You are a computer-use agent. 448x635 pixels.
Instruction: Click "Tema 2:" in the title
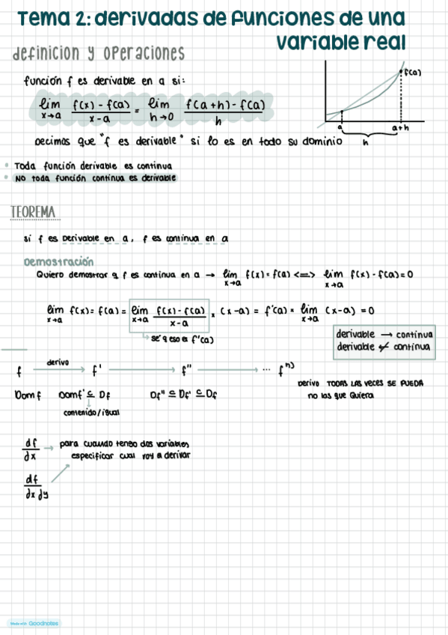(x=49, y=18)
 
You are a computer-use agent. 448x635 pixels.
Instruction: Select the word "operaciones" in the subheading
(x=144, y=54)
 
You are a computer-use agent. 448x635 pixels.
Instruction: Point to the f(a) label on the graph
(x=412, y=73)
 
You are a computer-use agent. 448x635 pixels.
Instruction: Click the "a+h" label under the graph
(x=400, y=128)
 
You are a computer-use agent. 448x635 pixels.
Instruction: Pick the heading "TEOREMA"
(x=34, y=213)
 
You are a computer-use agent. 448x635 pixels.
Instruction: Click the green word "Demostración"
(x=59, y=262)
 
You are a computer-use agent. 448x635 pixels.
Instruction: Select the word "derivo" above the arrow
(x=58, y=362)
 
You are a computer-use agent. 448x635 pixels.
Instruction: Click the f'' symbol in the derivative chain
(x=188, y=369)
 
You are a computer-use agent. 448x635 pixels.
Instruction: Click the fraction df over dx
(x=31, y=449)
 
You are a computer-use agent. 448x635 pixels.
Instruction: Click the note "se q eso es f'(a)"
(x=182, y=340)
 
